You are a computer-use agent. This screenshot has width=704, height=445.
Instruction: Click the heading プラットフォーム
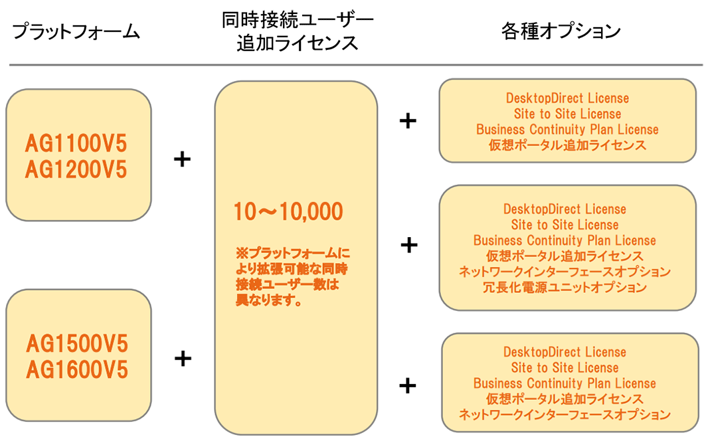point(76,31)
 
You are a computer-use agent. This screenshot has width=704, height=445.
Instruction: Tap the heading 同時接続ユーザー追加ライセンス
point(298,33)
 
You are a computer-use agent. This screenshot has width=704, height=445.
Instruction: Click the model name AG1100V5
point(76,143)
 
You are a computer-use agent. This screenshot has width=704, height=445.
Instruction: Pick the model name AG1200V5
point(76,170)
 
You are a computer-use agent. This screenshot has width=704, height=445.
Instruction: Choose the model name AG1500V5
point(77,343)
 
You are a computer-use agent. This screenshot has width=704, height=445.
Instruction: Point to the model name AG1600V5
point(77,369)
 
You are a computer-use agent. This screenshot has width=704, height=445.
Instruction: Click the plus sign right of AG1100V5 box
point(182,159)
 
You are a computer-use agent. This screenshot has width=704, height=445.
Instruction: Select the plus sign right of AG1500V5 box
point(183,359)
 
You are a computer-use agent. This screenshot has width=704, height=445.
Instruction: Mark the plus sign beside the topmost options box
point(408,121)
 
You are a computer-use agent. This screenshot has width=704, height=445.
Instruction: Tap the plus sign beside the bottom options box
point(408,385)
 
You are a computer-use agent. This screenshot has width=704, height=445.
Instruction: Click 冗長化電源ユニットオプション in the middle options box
point(565,288)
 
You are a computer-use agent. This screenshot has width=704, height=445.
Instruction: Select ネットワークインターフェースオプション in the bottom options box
point(565,415)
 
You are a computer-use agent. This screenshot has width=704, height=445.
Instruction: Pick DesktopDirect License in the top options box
point(567,98)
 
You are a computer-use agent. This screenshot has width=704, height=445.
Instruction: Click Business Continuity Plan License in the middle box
point(565,240)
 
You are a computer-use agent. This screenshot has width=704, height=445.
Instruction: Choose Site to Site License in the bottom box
point(565,367)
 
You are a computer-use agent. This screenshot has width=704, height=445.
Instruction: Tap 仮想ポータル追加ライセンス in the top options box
point(567,145)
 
